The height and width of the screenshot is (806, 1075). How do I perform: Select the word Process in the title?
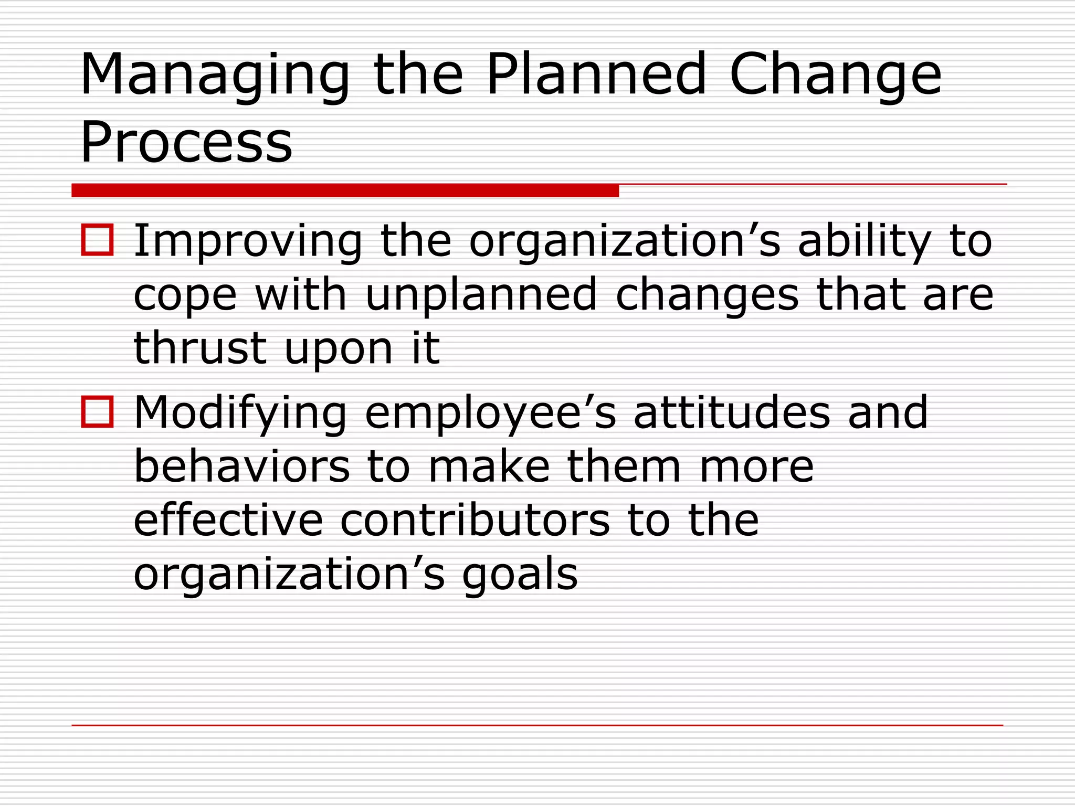point(186,142)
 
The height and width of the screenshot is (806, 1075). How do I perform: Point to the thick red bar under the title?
point(345,190)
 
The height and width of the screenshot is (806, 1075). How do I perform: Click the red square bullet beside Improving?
point(97,240)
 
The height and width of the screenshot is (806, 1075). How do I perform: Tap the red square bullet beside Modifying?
point(97,411)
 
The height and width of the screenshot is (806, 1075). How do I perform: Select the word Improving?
point(248,241)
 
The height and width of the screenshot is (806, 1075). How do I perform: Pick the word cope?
point(185,295)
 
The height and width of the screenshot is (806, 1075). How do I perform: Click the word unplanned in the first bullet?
point(481,295)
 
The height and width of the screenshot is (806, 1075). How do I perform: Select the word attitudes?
point(732,412)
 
